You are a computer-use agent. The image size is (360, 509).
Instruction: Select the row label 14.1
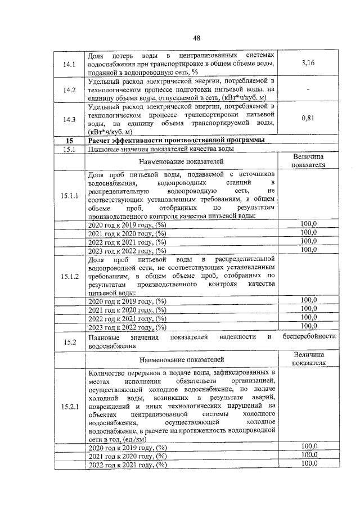pyautogui.click(x=70, y=64)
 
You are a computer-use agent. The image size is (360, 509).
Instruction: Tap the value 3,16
pyautogui.click(x=308, y=64)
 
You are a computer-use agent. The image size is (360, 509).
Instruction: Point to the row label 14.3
pyautogui.click(x=70, y=119)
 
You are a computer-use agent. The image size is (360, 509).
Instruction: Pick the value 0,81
pyautogui.click(x=308, y=119)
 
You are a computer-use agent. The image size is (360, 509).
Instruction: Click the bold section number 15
pyautogui.click(x=70, y=140)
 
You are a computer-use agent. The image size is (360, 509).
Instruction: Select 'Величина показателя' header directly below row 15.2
pyautogui.click(x=308, y=358)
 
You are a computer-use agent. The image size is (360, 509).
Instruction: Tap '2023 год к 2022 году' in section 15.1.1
pyautogui.click(x=128, y=251)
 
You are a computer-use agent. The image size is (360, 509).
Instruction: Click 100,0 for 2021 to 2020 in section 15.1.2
pyautogui.click(x=308, y=308)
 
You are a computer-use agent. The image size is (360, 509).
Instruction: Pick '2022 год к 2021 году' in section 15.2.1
pyautogui.click(x=128, y=465)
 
